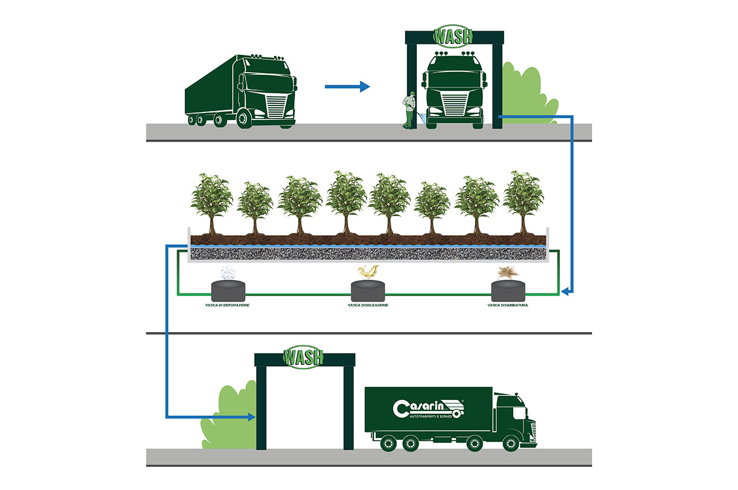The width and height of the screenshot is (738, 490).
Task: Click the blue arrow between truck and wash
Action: coord(347,86)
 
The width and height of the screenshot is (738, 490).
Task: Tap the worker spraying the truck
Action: coord(409,110)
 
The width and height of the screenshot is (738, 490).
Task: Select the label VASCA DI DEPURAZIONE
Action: coord(227,306)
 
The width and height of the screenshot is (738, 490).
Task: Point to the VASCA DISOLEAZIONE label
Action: coord(368,306)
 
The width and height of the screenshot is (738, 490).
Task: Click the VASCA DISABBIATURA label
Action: coord(508,306)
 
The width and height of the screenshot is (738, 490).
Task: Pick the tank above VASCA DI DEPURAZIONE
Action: coord(228,291)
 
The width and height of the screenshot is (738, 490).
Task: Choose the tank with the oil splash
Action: coord(368,291)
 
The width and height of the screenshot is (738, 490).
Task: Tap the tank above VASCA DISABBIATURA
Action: coord(508,291)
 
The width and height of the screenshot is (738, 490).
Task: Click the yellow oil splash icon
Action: coord(368,272)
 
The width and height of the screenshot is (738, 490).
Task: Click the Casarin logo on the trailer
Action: coord(428,409)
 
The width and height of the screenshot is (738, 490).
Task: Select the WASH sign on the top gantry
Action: coord(453,36)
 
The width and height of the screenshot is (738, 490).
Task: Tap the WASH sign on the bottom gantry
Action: coord(303,357)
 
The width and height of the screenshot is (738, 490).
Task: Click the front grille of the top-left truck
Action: coord(276,106)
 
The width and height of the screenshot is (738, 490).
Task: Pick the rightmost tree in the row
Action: coord(523,203)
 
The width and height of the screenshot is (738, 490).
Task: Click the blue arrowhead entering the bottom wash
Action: coord(252,417)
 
